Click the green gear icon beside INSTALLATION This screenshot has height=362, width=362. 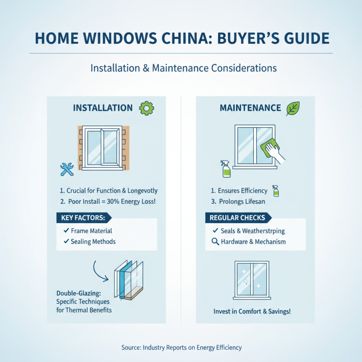(147, 108)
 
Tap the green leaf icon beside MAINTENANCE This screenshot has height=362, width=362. (293, 108)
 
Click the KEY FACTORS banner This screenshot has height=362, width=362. (83, 218)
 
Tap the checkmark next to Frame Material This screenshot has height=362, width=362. (66, 231)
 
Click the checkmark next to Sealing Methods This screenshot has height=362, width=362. (66, 242)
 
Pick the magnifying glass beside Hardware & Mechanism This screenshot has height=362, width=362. (215, 242)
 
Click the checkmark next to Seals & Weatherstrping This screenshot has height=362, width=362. (215, 231)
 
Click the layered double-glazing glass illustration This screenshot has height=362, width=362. (129, 280)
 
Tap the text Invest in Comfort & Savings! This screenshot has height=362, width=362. (252, 312)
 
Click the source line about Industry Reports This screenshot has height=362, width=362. (181, 348)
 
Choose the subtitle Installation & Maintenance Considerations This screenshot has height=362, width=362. (181, 68)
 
